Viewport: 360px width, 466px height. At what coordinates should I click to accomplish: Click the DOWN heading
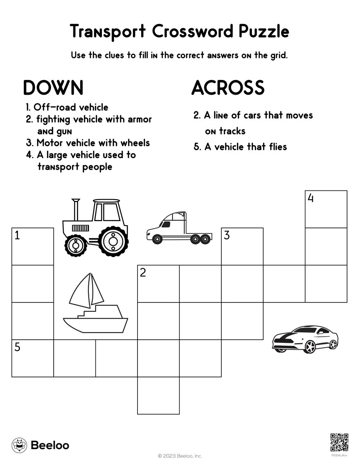(x=53, y=88)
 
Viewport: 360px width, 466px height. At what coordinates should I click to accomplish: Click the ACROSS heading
(x=228, y=88)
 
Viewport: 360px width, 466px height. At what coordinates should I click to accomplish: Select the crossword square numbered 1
(x=33, y=247)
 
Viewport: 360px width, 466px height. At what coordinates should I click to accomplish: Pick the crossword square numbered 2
(x=158, y=284)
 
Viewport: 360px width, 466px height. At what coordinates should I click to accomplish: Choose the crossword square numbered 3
(x=242, y=247)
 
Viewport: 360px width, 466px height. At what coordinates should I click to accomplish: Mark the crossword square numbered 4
(x=326, y=209)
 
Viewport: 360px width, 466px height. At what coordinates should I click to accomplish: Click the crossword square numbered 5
(x=33, y=358)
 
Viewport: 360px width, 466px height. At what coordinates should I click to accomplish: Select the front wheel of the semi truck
(x=157, y=239)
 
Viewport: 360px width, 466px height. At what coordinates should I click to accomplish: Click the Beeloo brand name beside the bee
(x=50, y=445)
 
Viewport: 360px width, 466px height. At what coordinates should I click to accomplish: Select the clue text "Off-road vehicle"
(x=71, y=107)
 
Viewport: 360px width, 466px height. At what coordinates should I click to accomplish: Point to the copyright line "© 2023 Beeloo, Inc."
(x=180, y=456)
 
